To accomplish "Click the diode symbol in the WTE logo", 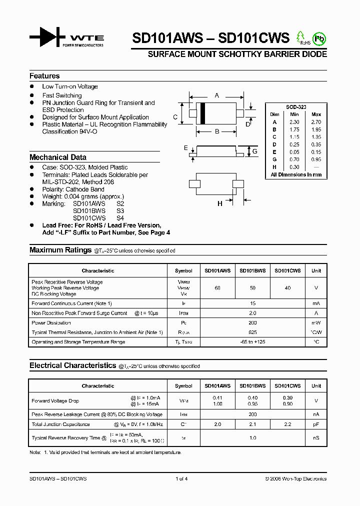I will coord(48,37).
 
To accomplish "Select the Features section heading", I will coord(44,76).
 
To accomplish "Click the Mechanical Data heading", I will coord(57,157).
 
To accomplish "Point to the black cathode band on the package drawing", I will coord(202,113).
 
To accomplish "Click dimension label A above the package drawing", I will coord(216,95).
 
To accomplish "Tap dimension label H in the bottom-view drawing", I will coord(219,203).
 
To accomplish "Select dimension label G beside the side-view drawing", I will coord(254,151).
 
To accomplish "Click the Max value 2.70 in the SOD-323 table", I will coord(316,122).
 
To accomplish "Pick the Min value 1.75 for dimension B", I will coord(294,129).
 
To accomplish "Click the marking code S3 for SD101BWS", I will coord(120,211).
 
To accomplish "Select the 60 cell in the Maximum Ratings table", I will coord(217,288).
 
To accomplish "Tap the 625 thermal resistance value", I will coord(252,332).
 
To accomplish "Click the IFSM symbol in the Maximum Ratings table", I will coord(183,313).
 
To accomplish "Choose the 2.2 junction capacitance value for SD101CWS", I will coord(287,424).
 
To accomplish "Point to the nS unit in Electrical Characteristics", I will coord(316,438).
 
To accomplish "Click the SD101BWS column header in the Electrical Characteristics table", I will coord(252,386).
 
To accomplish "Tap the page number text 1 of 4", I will coord(181,479).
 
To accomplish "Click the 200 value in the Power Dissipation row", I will coord(252,323).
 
